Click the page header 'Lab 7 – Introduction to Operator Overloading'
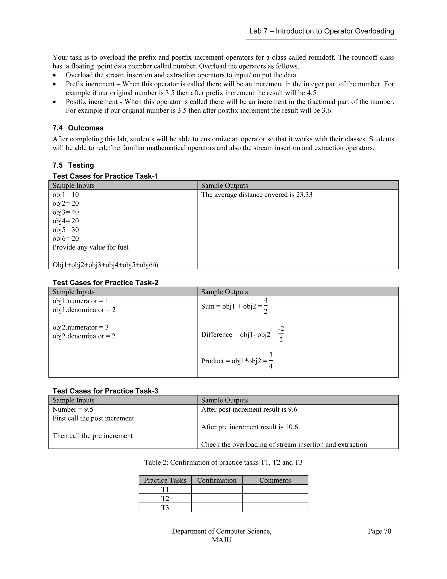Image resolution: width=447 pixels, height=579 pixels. tap(321, 31)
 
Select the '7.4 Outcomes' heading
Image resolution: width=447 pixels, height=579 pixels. tap(78, 128)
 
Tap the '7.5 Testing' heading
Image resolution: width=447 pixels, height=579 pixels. tap(73, 165)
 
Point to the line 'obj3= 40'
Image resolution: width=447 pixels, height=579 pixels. tap(66, 212)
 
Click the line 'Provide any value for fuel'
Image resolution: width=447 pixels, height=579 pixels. tap(90, 247)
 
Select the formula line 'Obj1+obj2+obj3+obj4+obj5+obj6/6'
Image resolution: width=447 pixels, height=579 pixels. tap(105, 265)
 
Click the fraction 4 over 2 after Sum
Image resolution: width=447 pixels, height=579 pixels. tap(265, 306)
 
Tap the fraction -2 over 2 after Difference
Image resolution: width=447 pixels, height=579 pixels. tap(281, 334)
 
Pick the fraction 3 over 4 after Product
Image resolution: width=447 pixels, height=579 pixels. tap(271, 361)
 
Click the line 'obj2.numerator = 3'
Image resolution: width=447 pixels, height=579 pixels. tap(81, 328)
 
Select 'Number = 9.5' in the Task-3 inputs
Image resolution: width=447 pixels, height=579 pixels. tap(73, 410)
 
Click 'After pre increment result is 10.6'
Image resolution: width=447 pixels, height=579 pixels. tap(249, 427)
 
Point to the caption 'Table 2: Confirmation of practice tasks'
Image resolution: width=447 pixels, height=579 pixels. tap(223, 463)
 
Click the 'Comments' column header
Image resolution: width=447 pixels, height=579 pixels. tap(275, 480)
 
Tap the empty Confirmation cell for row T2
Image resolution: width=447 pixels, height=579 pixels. tap(217, 498)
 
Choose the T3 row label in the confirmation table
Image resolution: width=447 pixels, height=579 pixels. tap(165, 508)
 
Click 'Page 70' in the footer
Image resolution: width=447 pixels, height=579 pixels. tap(379, 531)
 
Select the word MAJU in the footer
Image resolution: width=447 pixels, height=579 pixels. tap(221, 540)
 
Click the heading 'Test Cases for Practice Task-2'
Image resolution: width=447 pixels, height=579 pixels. tap(105, 283)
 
